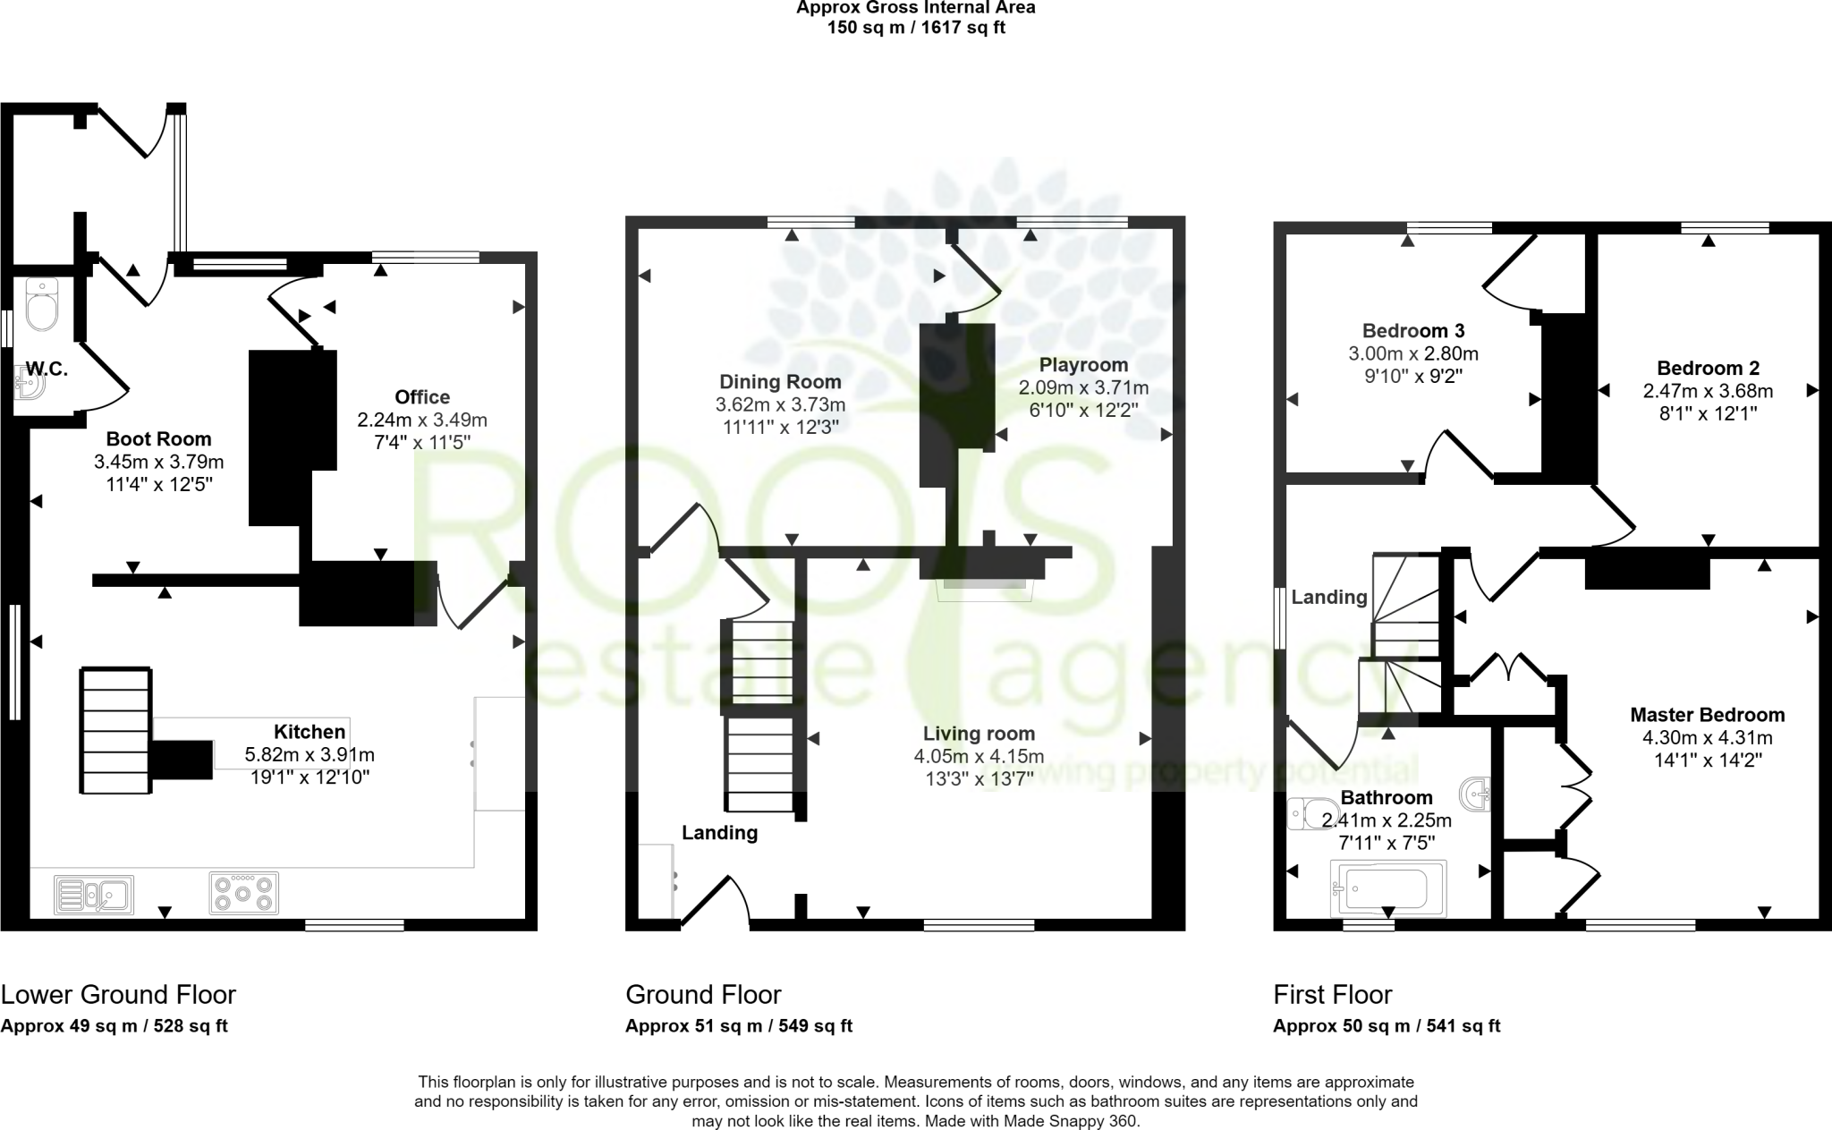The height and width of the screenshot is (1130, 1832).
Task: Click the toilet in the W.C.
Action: point(42,304)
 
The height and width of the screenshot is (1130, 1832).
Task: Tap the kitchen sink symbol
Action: point(94,894)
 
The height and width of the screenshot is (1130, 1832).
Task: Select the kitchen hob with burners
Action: point(243,893)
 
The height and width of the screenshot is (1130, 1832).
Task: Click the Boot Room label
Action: point(158,439)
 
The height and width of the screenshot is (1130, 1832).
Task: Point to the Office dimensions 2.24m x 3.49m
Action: point(422,420)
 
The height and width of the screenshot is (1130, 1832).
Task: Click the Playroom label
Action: point(1083,365)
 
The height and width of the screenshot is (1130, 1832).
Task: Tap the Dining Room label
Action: point(780,382)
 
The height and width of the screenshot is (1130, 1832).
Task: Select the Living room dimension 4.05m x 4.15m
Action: point(979,757)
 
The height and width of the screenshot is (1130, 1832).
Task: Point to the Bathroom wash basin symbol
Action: point(1476,793)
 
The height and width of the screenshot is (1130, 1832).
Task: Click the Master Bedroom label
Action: point(1707,715)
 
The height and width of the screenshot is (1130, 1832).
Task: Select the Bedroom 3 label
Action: point(1413,330)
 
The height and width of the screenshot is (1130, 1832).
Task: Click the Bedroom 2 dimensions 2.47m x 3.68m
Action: point(1708,391)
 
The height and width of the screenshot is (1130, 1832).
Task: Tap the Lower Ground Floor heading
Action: point(118,995)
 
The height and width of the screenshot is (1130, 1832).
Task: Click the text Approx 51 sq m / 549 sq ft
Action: point(738,1026)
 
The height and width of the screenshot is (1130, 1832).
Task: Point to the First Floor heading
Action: point(1332,995)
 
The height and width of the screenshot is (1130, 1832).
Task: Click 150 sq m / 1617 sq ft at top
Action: point(915,28)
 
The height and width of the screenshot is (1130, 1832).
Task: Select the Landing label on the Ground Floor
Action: point(719,833)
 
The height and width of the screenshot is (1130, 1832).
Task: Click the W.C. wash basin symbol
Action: point(29,382)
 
